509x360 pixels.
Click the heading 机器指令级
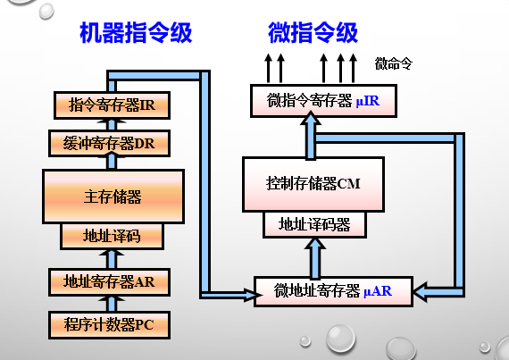tap(136, 34)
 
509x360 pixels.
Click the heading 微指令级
tap(313, 34)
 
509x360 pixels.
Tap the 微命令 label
tap(394, 63)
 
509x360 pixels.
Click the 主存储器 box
tap(113, 196)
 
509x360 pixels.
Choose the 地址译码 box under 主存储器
tap(112, 236)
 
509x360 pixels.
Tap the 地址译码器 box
tap(314, 223)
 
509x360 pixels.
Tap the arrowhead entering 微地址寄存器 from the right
tap(422, 289)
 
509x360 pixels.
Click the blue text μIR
tap(367, 102)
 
